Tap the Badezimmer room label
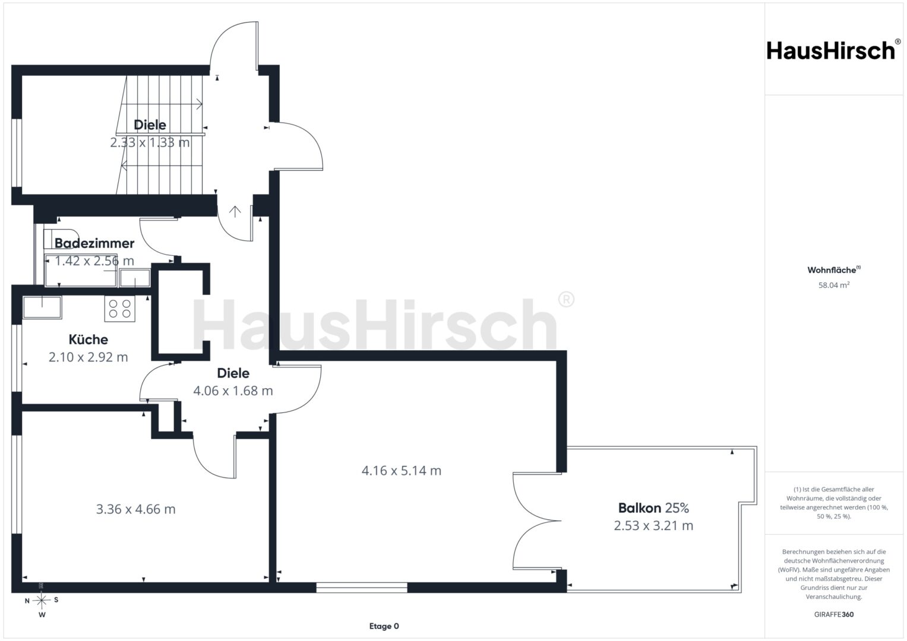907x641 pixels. pyautogui.click(x=94, y=243)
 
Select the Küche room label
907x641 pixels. pyautogui.click(x=89, y=339)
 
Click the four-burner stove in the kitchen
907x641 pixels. pyautogui.click(x=120, y=309)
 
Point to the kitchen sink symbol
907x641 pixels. pyautogui.click(x=42, y=307)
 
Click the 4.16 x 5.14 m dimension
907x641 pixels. pyautogui.click(x=402, y=471)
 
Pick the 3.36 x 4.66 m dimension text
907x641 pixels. pyautogui.click(x=135, y=509)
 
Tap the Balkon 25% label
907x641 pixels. pyautogui.click(x=653, y=508)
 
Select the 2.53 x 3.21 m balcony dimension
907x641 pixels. pyautogui.click(x=653, y=526)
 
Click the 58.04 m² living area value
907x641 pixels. pyautogui.click(x=834, y=285)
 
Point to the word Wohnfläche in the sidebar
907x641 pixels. pyautogui.click(x=832, y=270)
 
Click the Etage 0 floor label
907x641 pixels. pyautogui.click(x=384, y=626)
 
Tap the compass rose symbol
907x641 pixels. pyautogui.click(x=42, y=601)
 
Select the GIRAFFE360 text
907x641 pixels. pyautogui.click(x=834, y=614)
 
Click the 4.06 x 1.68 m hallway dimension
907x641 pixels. pyautogui.click(x=233, y=391)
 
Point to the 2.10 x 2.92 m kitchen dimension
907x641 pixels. pyautogui.click(x=89, y=357)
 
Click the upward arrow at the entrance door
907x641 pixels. pyautogui.click(x=235, y=212)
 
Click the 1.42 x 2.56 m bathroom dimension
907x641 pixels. pyautogui.click(x=94, y=261)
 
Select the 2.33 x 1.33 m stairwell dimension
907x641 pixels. pyautogui.click(x=150, y=142)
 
